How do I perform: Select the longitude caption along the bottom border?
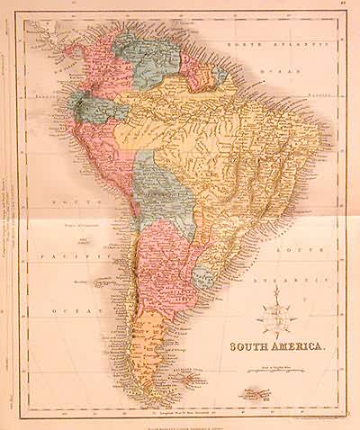click(x=180, y=413)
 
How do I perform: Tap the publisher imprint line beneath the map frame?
click(x=180, y=421)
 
